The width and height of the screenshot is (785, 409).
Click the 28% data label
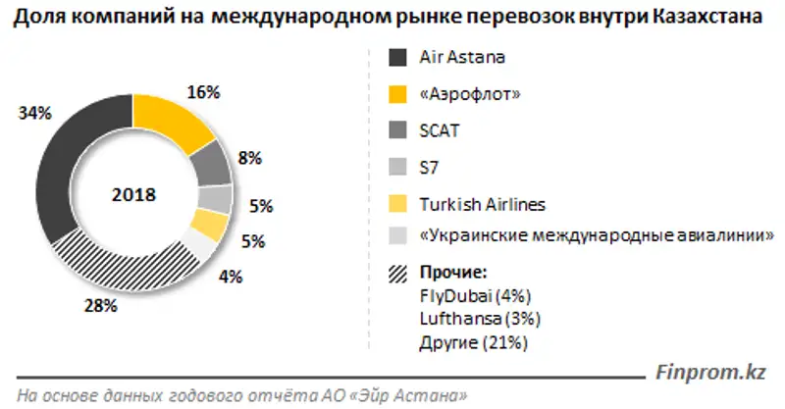(102, 306)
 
